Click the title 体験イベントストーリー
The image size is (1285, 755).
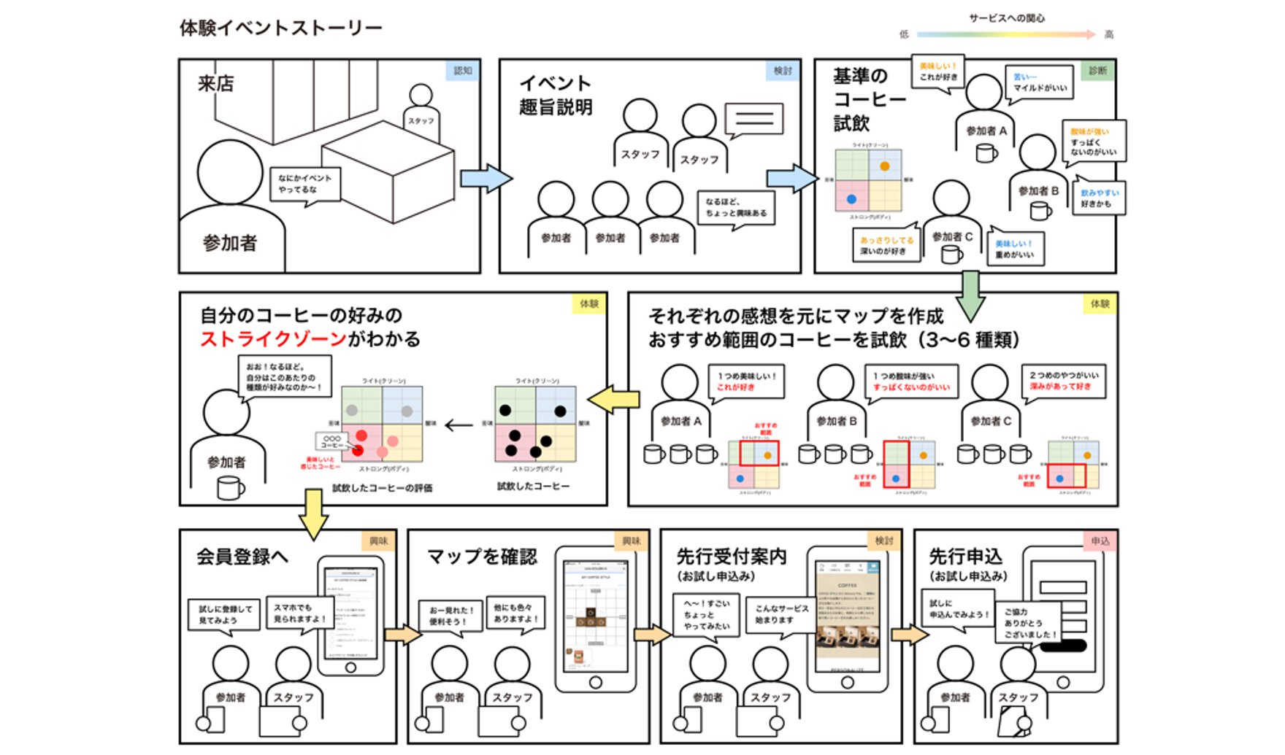(x=280, y=28)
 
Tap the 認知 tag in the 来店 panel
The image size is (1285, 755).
(x=463, y=71)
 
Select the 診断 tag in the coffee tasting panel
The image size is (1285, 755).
(x=1097, y=71)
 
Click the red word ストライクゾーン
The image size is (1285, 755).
(x=273, y=339)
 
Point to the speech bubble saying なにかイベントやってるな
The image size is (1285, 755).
(x=304, y=184)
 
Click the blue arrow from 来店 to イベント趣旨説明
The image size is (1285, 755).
(x=486, y=178)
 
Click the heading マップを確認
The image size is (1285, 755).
(x=482, y=557)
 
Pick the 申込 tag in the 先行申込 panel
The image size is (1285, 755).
(x=1100, y=541)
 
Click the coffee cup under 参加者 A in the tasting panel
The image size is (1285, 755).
(x=986, y=153)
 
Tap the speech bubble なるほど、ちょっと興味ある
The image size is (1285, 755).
(x=736, y=208)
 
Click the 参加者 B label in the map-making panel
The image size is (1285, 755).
(x=836, y=421)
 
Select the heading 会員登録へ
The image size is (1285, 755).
(x=242, y=557)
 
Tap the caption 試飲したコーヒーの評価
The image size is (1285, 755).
(x=382, y=488)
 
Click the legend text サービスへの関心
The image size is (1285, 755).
(x=1006, y=18)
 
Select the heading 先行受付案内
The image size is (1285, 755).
(x=731, y=557)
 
